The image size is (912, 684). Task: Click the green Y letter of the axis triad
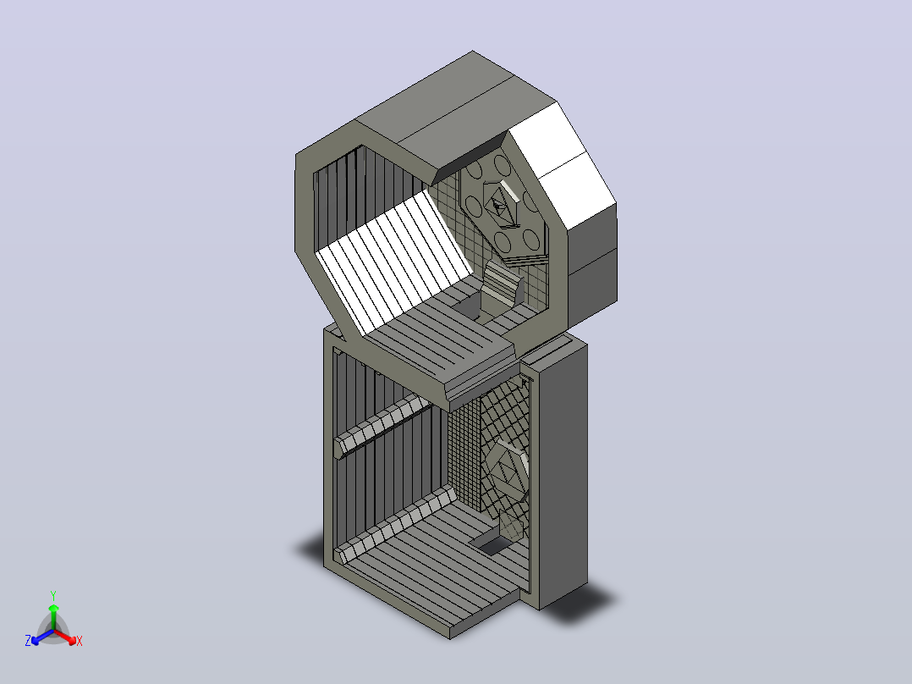(x=53, y=595)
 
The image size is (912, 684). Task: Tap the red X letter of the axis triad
(x=80, y=641)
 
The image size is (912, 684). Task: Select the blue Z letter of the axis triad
(x=28, y=640)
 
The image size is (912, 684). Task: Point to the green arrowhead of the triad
(x=53, y=608)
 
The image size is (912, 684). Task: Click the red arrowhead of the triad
(x=71, y=640)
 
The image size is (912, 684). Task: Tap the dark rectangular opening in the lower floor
(x=492, y=545)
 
